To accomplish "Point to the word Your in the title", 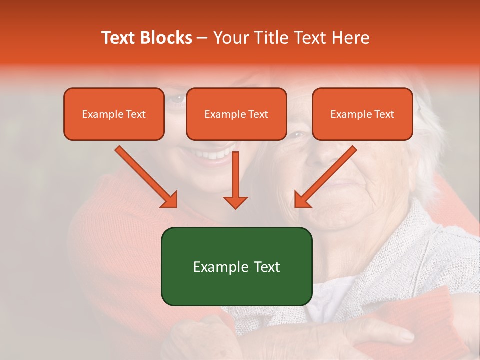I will [x=231, y=38].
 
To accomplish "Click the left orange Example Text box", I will [x=114, y=114].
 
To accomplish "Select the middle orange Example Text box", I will [x=236, y=114].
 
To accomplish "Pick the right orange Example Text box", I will [x=362, y=114].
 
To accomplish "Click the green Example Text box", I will [x=236, y=266].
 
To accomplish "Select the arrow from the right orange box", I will [x=325, y=177].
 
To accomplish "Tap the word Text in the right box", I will [x=384, y=114].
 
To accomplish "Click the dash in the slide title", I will [x=202, y=38].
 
